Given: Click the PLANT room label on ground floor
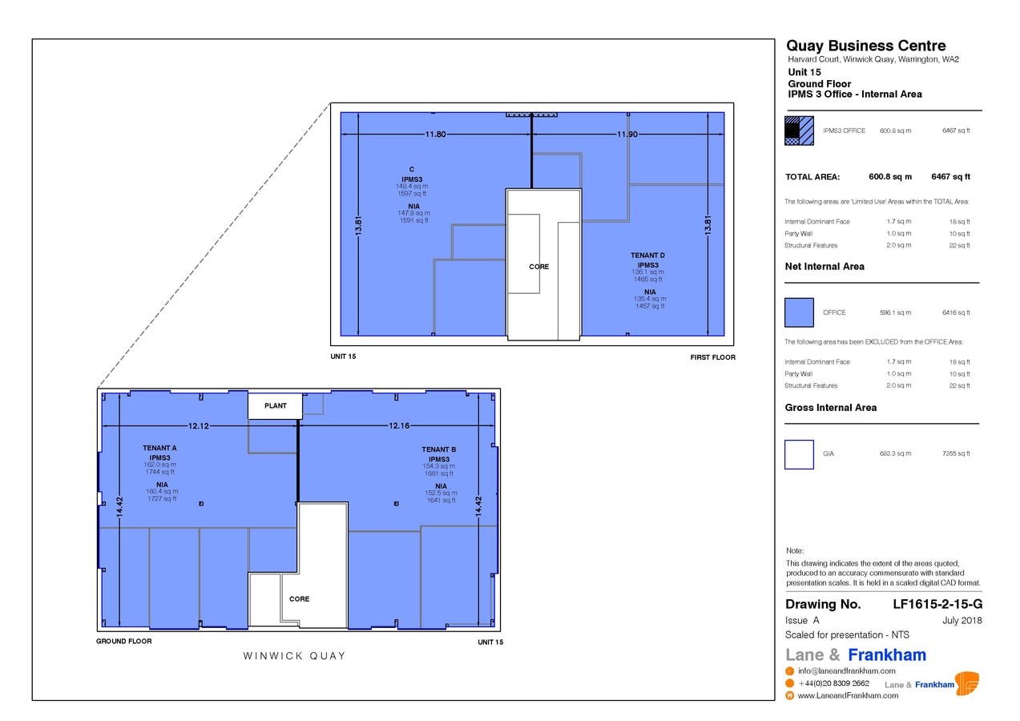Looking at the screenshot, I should point(275,406).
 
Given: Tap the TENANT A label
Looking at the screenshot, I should point(159,449).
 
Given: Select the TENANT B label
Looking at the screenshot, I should point(439,450).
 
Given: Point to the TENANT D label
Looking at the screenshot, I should point(647,256).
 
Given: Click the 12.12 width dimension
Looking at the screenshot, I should point(199,426).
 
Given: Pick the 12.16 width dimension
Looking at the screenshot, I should point(399,426).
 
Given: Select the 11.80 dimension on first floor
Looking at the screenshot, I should point(435,135).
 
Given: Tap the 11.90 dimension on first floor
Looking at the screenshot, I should point(627,135).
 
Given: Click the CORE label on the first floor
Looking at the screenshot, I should point(539,267).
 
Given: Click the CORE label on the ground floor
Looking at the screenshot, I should point(299,599).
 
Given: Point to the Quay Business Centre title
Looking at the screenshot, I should point(865,46).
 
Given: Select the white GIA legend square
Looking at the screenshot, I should point(799,454).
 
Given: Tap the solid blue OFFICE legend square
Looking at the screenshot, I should point(799,312).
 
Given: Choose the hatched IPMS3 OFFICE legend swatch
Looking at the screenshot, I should point(799,131).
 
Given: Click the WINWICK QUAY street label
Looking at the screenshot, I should point(294,656).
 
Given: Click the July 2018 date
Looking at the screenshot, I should point(962,621).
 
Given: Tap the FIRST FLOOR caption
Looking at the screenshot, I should point(712,357).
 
